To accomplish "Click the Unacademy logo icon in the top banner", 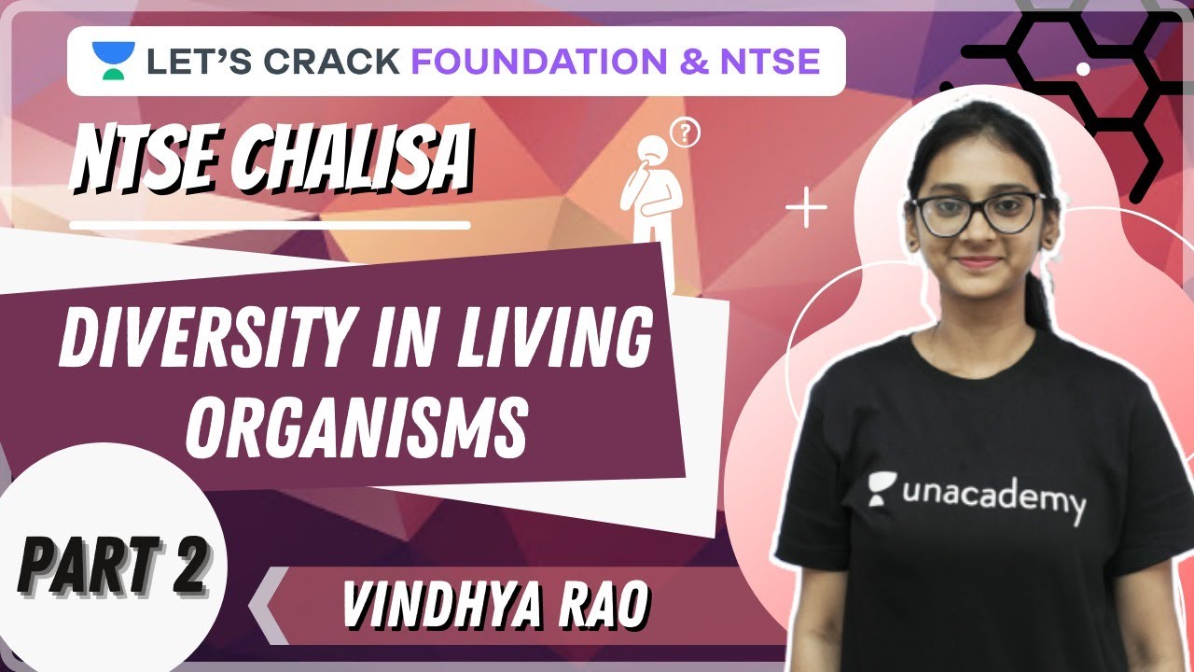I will (114, 61).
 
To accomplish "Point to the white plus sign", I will (806, 210).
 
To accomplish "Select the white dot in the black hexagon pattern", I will (1083, 69).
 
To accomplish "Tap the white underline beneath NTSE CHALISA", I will (270, 225).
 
